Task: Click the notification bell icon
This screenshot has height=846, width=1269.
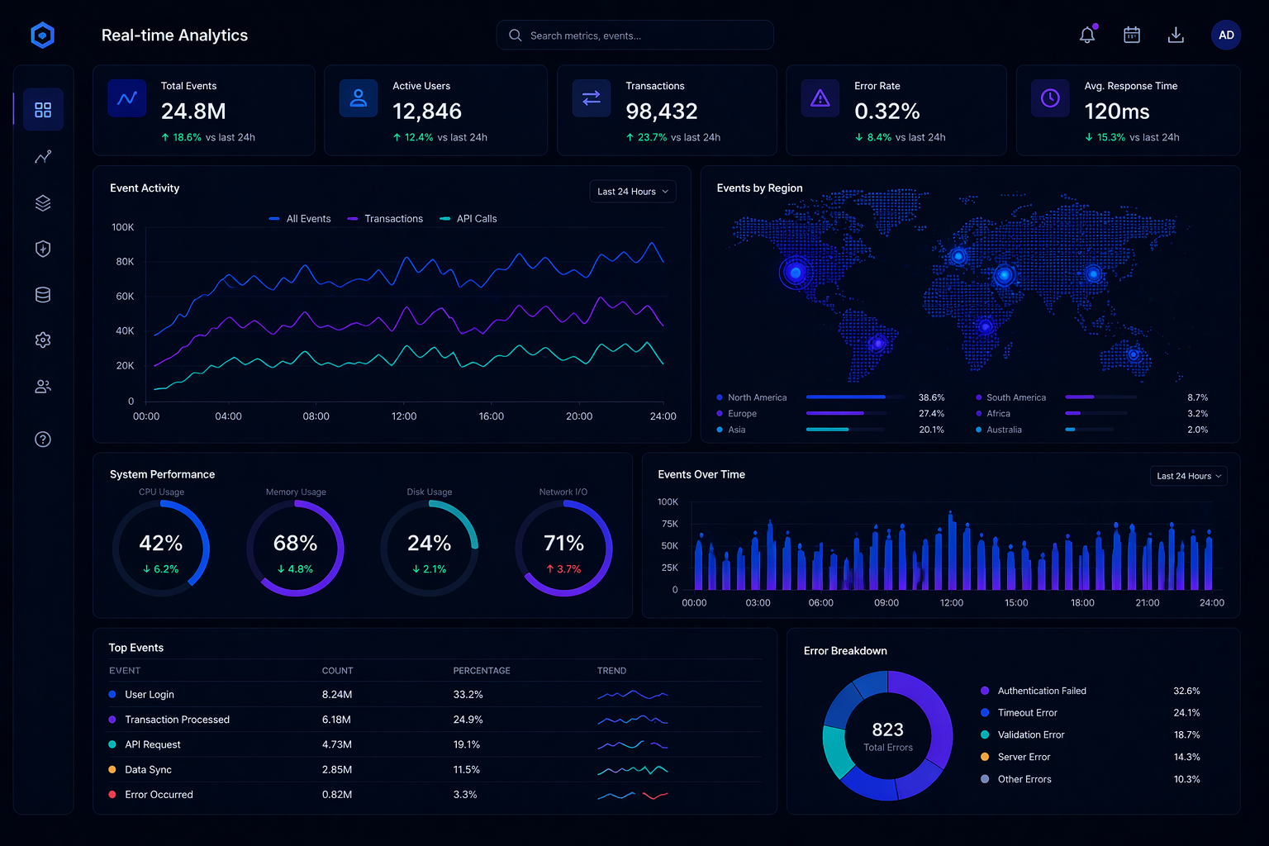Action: [x=1087, y=36]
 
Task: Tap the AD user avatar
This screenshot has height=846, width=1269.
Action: [x=1226, y=36]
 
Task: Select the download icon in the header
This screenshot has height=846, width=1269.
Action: [x=1176, y=36]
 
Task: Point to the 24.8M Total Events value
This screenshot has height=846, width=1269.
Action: [x=193, y=112]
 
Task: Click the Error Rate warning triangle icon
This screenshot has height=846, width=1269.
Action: [x=820, y=99]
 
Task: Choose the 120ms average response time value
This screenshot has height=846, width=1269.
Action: [x=1117, y=112]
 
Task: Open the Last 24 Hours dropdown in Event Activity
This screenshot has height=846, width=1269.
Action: [x=633, y=192]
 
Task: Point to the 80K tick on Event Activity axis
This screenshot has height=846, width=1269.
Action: [x=125, y=262]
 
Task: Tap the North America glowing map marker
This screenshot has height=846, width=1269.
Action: [x=796, y=273]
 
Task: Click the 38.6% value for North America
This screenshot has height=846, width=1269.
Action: [x=931, y=397]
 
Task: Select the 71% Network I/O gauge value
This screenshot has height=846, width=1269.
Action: [x=563, y=544]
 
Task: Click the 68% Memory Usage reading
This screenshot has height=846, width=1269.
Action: [x=295, y=544]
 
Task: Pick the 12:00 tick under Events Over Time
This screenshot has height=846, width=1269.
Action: [x=952, y=603]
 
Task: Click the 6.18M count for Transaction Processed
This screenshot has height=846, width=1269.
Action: [x=336, y=720]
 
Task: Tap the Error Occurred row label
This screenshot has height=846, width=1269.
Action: [x=159, y=795]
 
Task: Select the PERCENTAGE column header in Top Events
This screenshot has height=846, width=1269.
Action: [x=482, y=671]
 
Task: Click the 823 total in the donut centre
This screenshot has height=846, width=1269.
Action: [x=888, y=730]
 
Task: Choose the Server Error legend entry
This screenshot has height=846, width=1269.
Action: [x=1024, y=757]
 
